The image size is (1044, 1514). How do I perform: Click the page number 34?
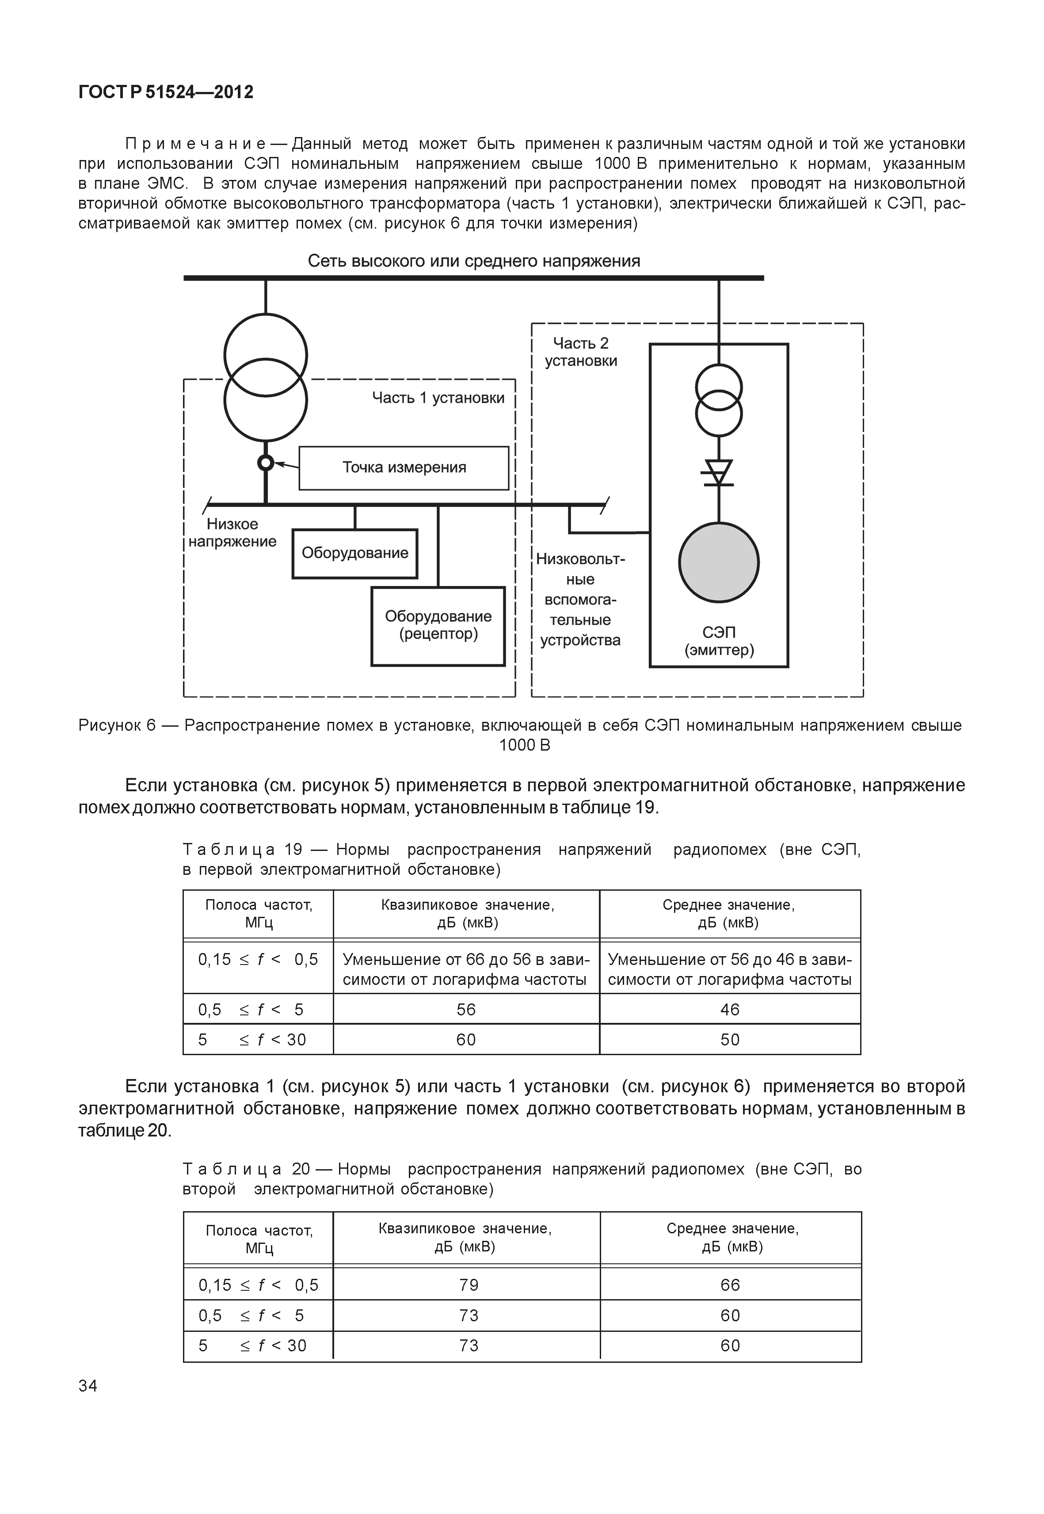[x=88, y=1386]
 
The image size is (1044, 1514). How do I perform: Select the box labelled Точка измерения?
[x=404, y=468]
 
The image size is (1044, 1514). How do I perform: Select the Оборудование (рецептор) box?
[x=438, y=626]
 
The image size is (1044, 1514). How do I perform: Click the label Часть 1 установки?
[x=438, y=398]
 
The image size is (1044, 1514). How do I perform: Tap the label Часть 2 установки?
[x=581, y=352]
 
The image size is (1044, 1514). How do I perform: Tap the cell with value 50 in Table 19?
[x=730, y=1040]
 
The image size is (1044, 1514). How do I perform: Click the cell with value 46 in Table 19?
[x=730, y=1010]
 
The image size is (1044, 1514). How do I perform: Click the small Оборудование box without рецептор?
[x=354, y=553]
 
